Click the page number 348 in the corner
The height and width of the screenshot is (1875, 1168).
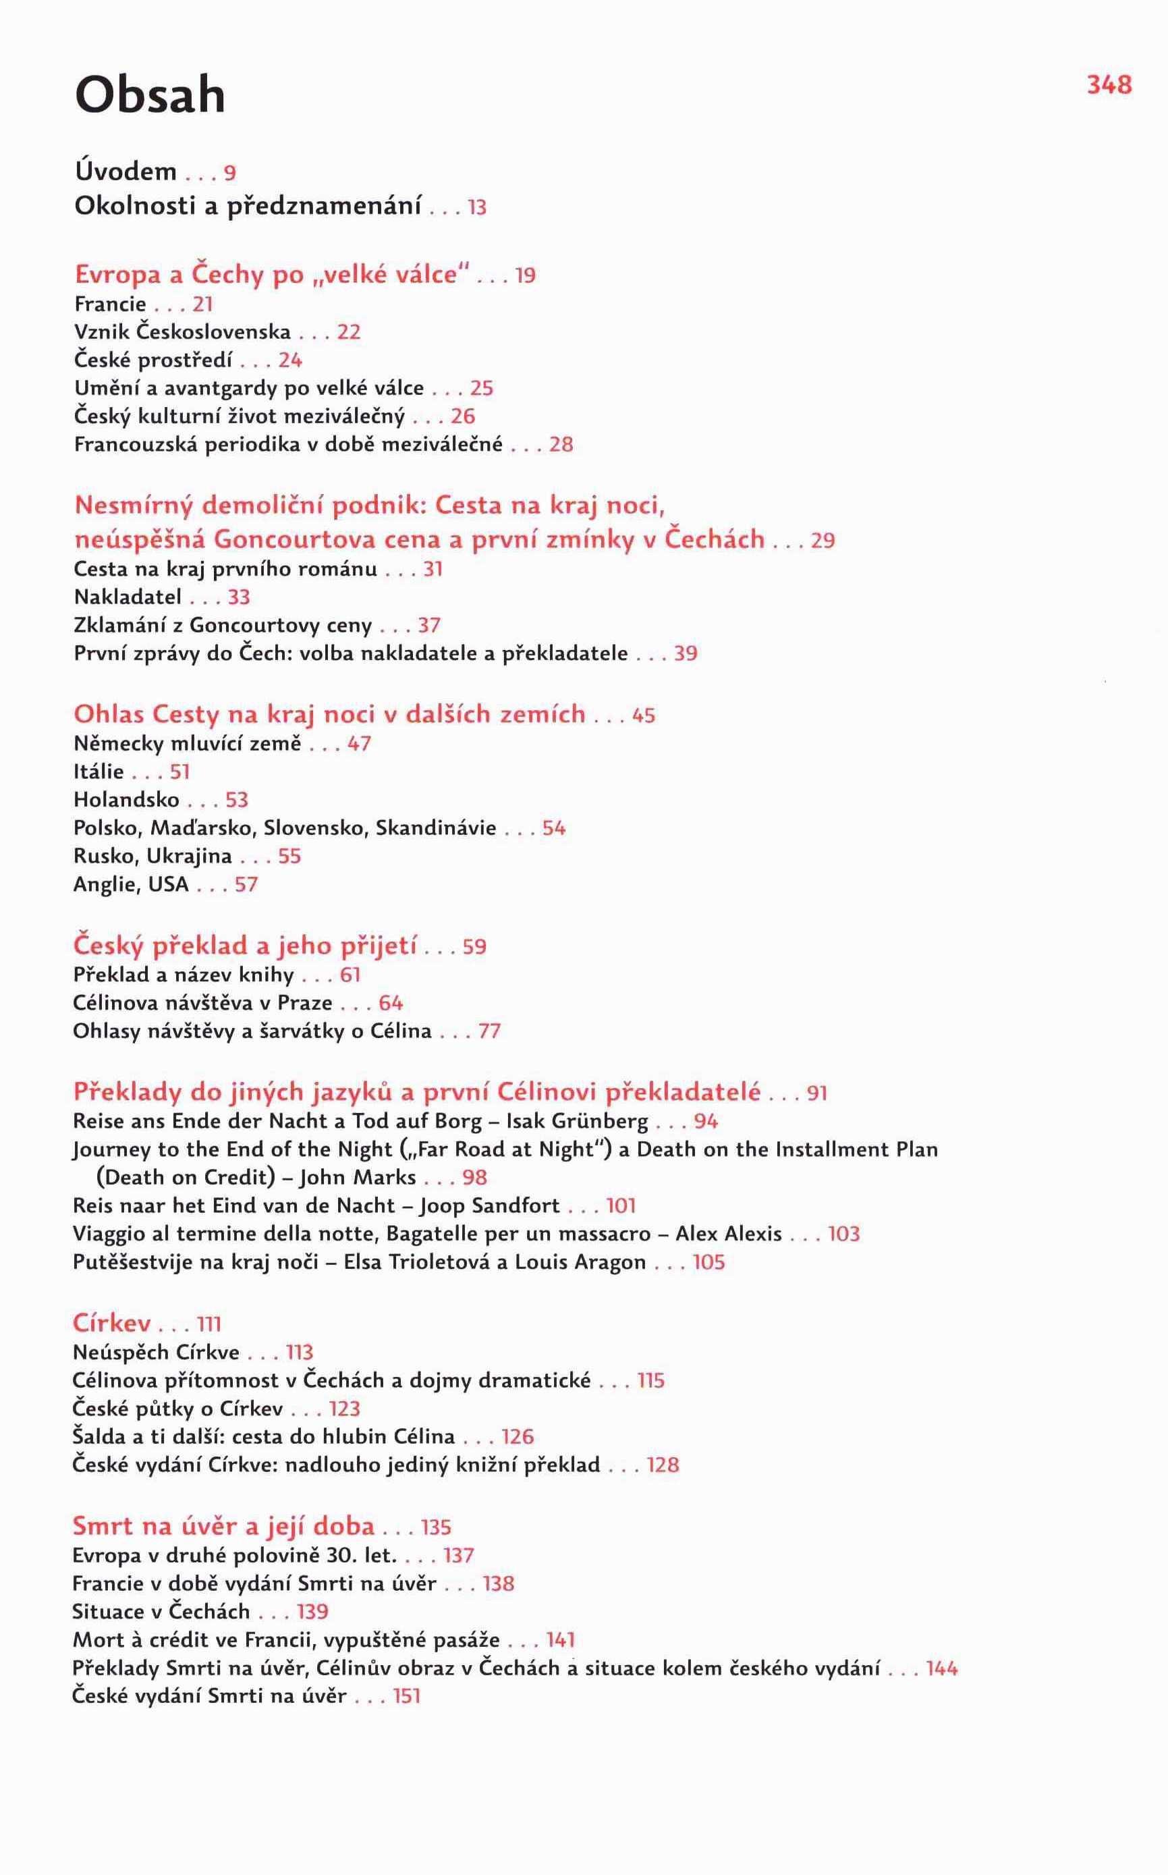(x=1109, y=84)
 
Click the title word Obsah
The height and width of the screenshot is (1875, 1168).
(x=150, y=96)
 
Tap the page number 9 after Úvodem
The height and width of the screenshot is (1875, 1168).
(x=229, y=173)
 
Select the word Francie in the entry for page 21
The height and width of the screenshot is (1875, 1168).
(x=110, y=304)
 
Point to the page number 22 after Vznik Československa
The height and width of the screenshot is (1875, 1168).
(x=349, y=332)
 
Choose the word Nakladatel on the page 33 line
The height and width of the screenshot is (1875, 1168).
(x=128, y=597)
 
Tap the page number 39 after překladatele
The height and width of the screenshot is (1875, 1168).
(x=685, y=653)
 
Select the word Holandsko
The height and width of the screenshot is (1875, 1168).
(x=126, y=800)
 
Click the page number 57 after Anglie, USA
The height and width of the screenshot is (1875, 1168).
(x=246, y=885)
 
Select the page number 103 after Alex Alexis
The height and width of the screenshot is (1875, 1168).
(x=843, y=1234)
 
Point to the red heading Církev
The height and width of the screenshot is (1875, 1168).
(x=111, y=1324)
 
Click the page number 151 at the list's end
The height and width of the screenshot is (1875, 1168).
(x=406, y=1697)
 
